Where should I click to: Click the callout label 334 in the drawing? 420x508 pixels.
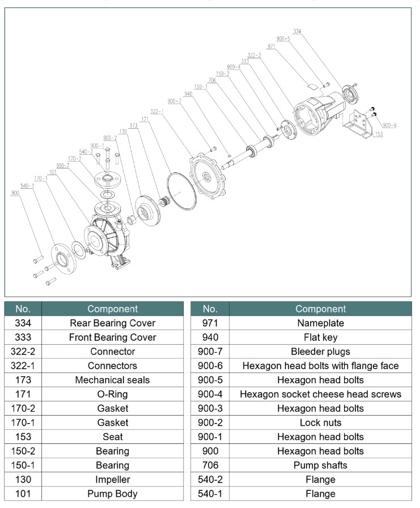click(x=298, y=31)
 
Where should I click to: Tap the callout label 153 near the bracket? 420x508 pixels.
click(x=379, y=134)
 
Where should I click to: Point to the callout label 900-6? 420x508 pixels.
click(x=389, y=125)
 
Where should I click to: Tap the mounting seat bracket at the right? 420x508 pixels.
click(x=360, y=125)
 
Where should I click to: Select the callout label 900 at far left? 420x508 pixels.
click(x=15, y=193)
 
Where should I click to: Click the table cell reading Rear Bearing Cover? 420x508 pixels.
click(x=112, y=323)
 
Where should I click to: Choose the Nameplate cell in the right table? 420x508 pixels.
click(x=320, y=323)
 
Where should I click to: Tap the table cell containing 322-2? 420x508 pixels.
click(x=23, y=352)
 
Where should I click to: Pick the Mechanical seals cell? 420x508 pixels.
click(x=112, y=380)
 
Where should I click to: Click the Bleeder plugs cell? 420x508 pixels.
click(x=320, y=352)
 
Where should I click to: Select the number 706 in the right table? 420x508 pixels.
click(x=210, y=465)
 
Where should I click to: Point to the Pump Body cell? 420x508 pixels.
click(x=112, y=494)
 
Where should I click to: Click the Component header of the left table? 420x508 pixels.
click(x=112, y=309)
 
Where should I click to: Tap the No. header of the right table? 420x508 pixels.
click(x=210, y=309)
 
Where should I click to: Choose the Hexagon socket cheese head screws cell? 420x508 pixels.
click(x=320, y=394)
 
